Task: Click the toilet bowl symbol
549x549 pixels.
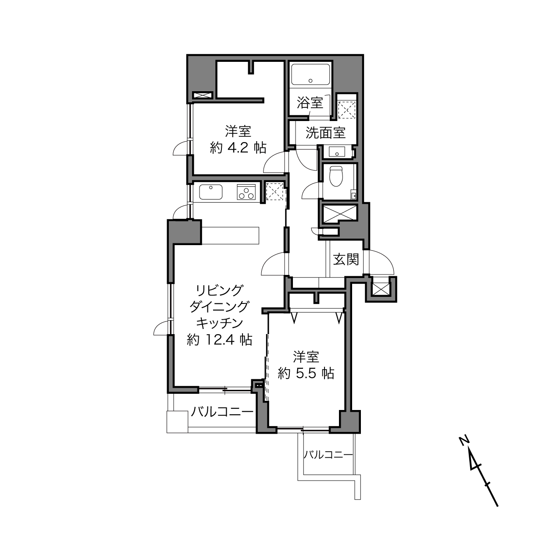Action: [336, 176]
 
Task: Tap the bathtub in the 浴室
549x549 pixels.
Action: [310, 74]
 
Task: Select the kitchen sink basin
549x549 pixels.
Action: [210, 192]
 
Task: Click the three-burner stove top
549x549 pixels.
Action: [246, 192]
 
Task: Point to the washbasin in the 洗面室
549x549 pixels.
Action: [337, 152]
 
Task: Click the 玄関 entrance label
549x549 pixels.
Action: [346, 260]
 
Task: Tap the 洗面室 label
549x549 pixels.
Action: [326, 132]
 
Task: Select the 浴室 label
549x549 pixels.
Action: [310, 103]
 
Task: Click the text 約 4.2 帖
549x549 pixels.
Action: [238, 148]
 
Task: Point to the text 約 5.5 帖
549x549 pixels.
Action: [306, 373]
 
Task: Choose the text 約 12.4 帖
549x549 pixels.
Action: [219, 339]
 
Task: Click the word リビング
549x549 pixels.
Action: [219, 291]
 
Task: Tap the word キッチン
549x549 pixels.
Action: [220, 323]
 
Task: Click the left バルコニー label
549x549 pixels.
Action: [222, 412]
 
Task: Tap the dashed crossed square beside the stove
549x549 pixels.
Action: [274, 192]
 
